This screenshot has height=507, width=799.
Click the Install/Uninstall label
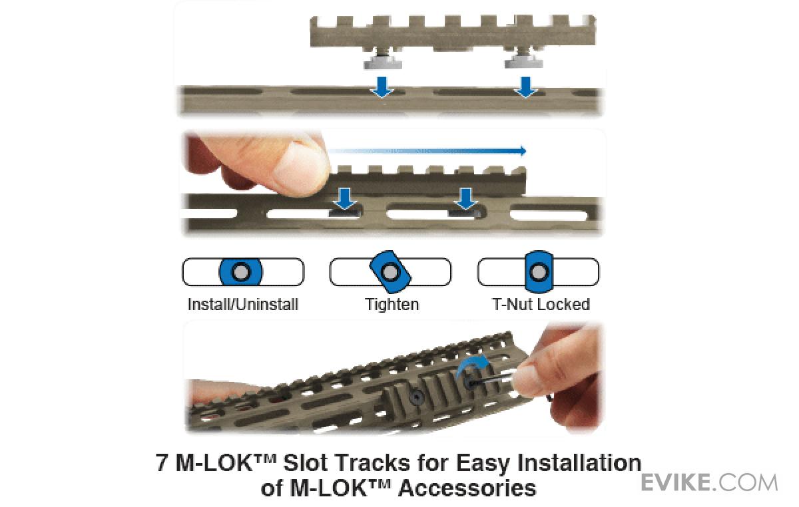click(242, 305)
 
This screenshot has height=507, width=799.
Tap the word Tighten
click(392, 305)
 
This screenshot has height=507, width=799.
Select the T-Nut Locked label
click(541, 305)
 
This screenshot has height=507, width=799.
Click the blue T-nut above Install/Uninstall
click(241, 272)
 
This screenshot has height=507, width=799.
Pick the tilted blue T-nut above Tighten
click(390, 272)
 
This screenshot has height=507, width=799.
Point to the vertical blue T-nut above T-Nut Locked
click(539, 272)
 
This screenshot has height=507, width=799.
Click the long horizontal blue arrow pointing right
click(427, 151)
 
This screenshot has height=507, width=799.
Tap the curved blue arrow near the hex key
click(473, 365)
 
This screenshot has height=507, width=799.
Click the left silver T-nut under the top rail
click(383, 61)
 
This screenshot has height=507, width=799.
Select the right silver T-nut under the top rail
click(523, 61)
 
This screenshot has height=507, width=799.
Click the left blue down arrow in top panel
click(382, 87)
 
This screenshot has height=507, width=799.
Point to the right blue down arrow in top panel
click(525, 87)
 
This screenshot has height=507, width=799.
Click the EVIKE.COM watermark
click(708, 483)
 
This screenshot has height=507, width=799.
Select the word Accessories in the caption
click(467, 488)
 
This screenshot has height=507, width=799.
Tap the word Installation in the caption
click(579, 463)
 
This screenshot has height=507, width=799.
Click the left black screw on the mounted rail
click(417, 397)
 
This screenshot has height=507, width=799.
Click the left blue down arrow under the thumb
click(345, 199)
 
